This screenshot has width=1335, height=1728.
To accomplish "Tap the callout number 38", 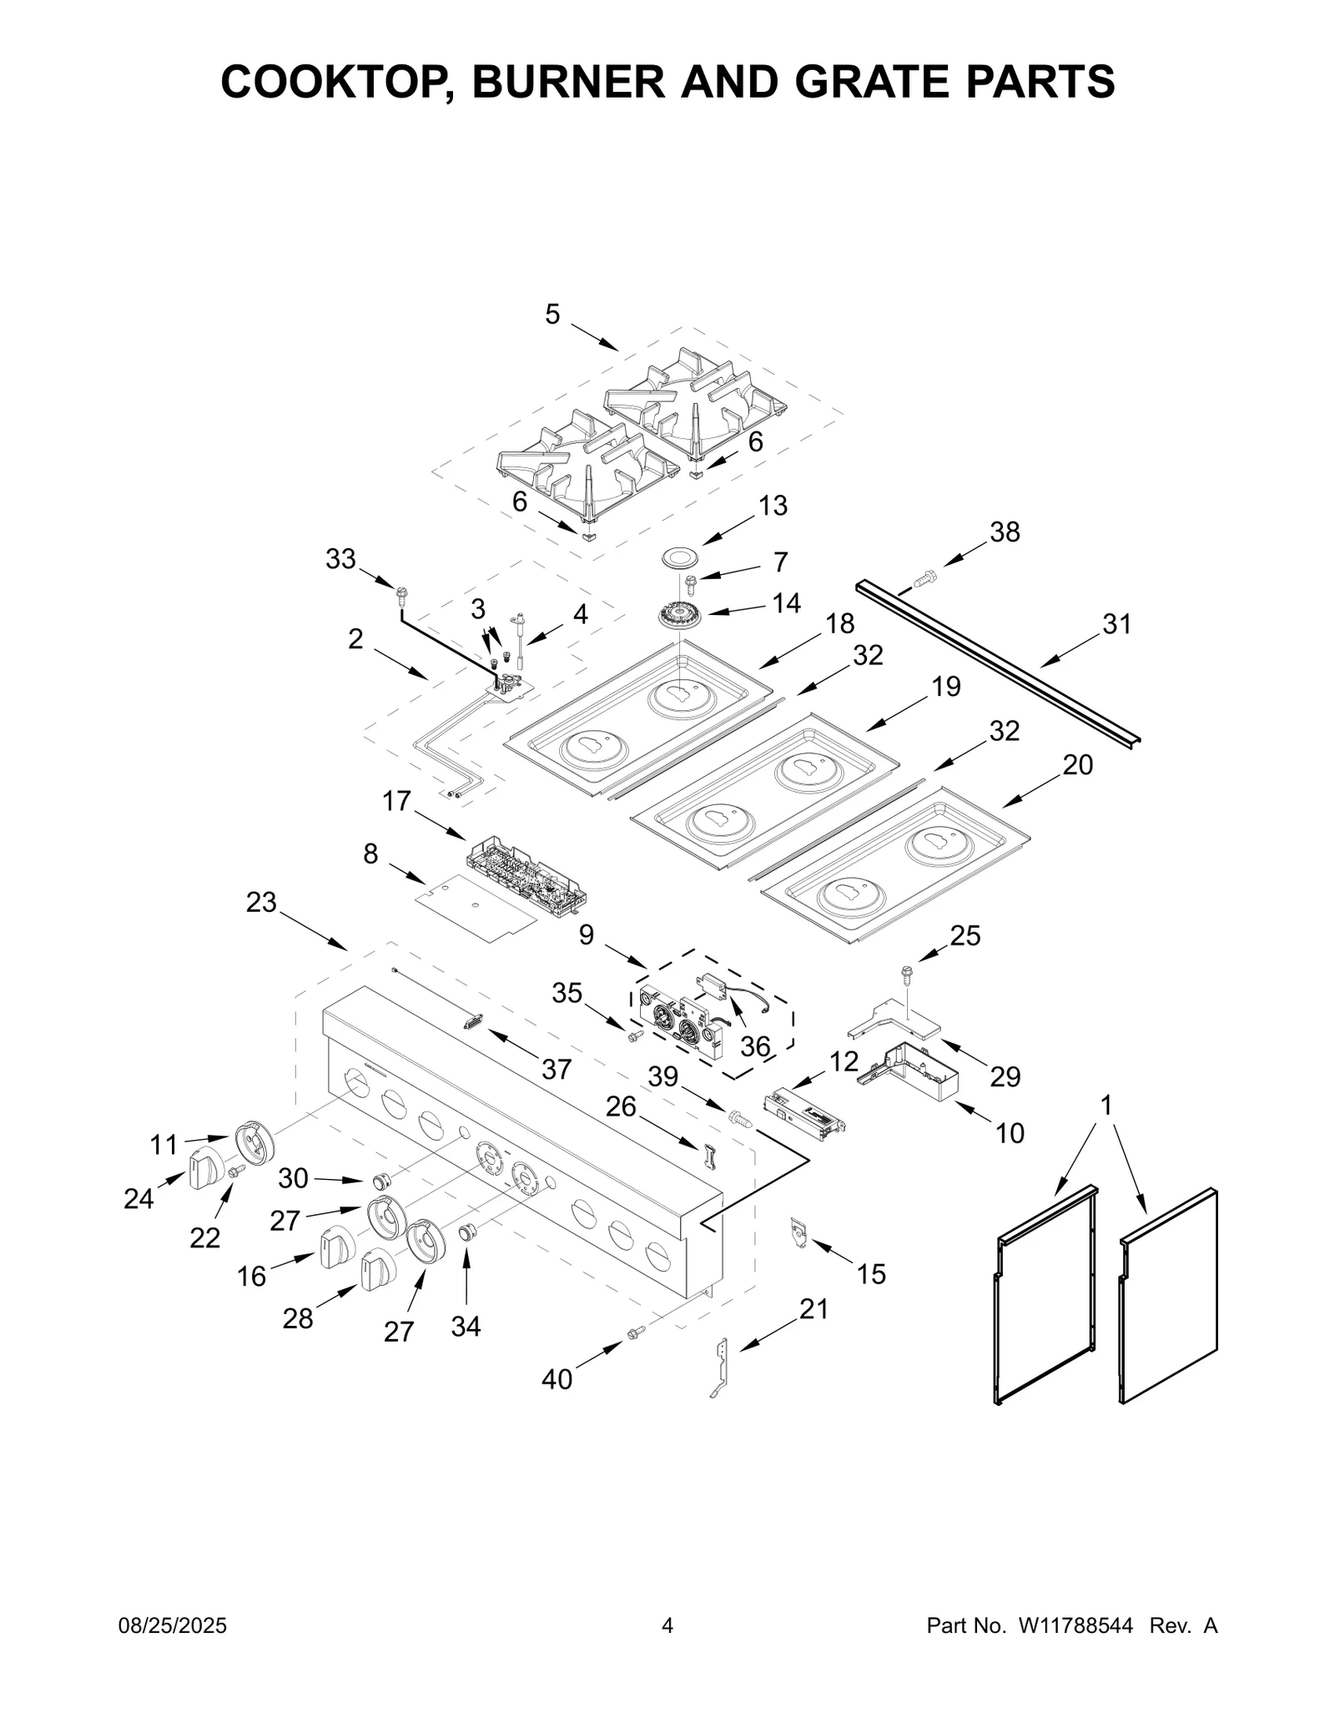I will coord(1005,531).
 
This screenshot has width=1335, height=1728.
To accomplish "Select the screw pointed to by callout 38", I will coord(924,576).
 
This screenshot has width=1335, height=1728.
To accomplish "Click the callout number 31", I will coord(1116,623).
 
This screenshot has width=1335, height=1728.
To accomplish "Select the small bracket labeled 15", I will coord(798,1232).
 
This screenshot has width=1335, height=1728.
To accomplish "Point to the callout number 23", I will coord(260,902).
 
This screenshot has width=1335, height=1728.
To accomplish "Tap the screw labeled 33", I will coord(402,595).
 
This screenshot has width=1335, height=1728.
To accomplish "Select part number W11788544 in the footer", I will coord(1076,1650).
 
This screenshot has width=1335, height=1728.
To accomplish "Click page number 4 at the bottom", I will coord(667,1650).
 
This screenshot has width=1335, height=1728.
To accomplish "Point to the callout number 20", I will coord(1077,765).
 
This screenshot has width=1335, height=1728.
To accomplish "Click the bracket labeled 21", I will coord(722,1367).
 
